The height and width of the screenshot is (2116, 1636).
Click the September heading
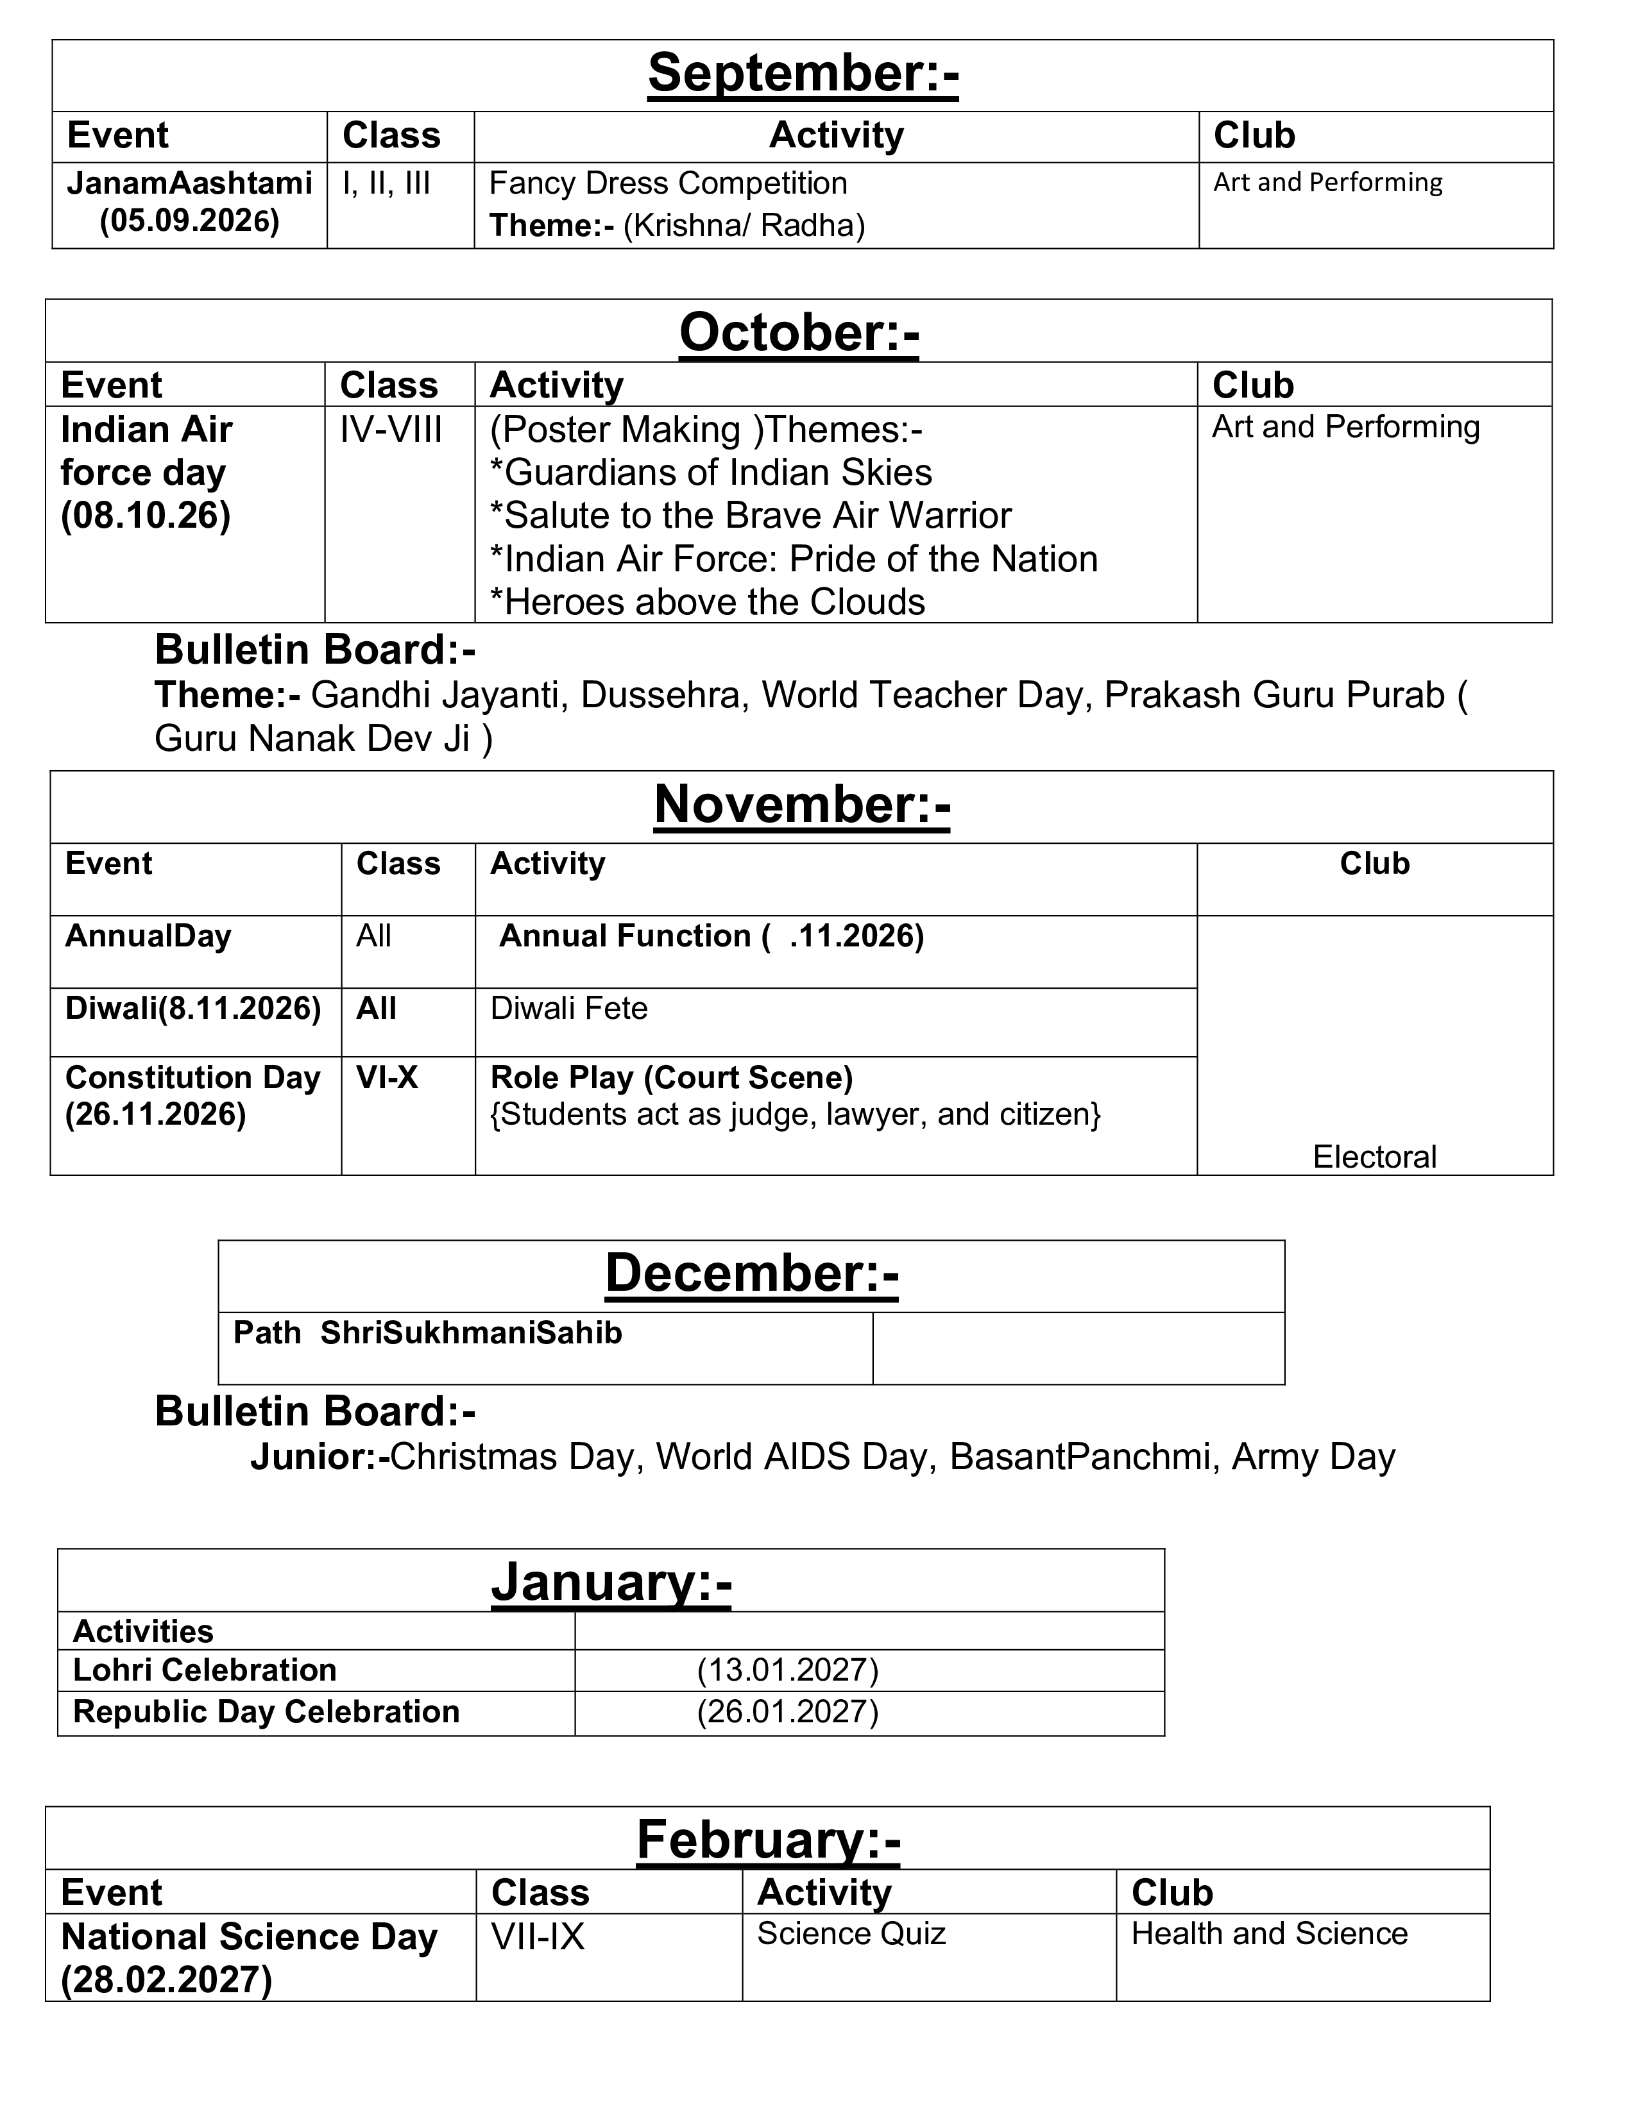pos(803,74)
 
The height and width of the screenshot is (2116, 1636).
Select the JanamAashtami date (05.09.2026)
pos(190,221)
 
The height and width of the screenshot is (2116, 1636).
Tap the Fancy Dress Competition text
pos(668,183)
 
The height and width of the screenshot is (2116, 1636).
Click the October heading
pos(799,332)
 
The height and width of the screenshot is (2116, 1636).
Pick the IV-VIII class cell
pos(391,429)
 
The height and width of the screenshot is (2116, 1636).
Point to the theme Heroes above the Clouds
pos(708,601)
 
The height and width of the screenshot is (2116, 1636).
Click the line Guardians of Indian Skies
pos(710,473)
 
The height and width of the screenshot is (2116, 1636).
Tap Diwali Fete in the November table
pos(569,1009)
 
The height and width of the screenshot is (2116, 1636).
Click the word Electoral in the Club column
pos(1374,1157)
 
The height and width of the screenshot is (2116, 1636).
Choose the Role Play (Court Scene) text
pos(672,1077)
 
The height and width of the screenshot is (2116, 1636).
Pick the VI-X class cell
pos(387,1077)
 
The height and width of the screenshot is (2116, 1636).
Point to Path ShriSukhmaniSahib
pos(427,1333)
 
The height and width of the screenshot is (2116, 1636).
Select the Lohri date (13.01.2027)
pos(787,1670)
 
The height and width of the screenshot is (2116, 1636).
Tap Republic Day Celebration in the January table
pos(266,1712)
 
